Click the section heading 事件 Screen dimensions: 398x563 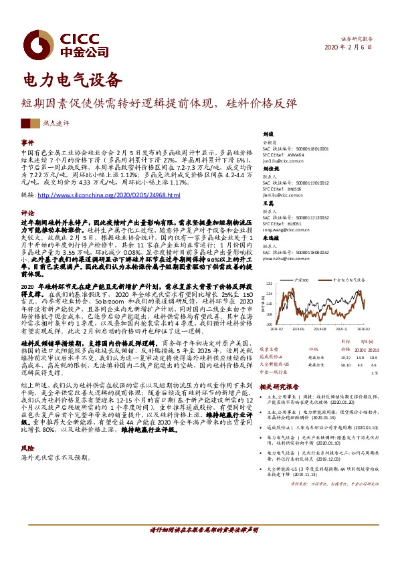tap(27, 143)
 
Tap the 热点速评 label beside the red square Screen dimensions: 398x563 tap(56, 124)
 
